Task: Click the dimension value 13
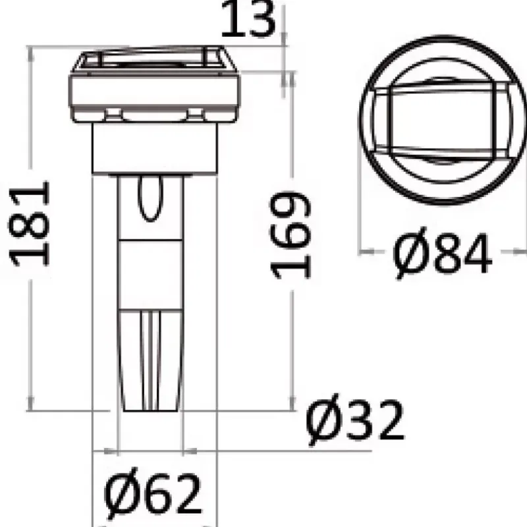coord(248,19)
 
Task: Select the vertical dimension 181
coord(29,224)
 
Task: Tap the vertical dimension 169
coord(291,235)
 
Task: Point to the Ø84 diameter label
coord(441,253)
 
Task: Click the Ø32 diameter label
coord(355,420)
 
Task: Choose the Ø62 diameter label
coord(153,495)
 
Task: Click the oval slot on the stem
coord(150,198)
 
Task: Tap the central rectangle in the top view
coord(442,121)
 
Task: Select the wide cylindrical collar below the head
coord(155,148)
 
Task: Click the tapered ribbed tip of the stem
coord(150,360)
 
